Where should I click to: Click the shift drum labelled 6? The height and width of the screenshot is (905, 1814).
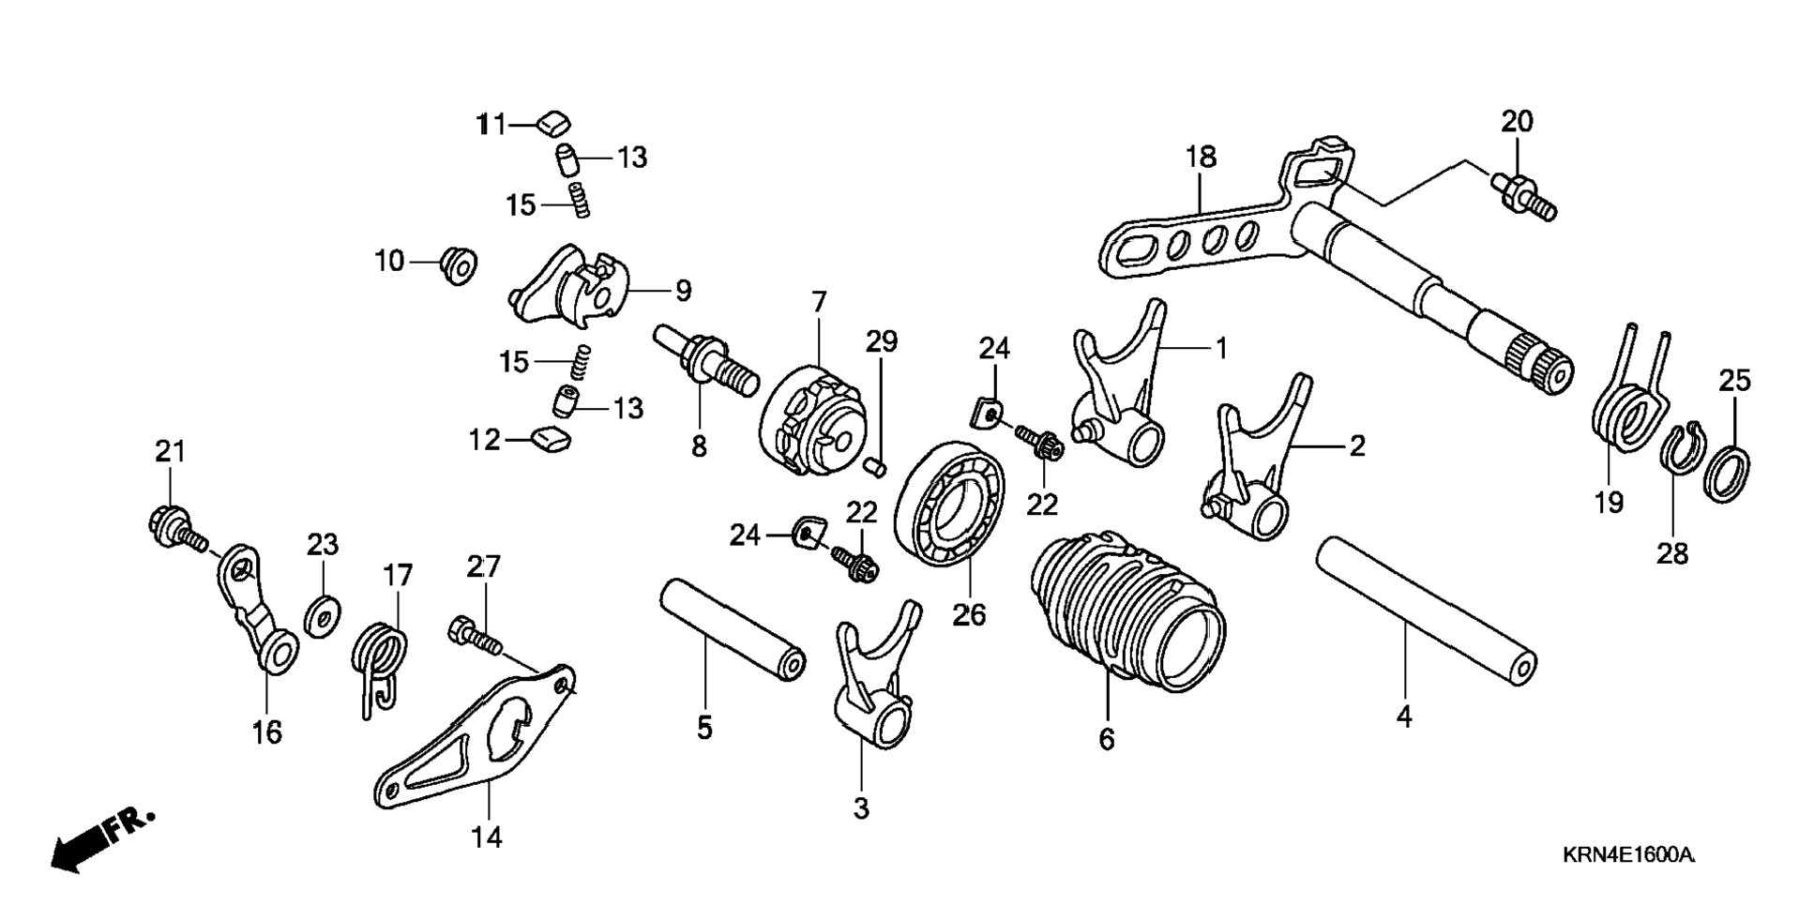[x=1126, y=610]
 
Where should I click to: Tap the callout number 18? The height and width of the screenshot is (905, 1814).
[x=1201, y=157]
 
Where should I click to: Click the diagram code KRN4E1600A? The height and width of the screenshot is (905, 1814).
[x=1627, y=855]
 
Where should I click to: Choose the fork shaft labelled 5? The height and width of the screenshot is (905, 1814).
[x=732, y=629]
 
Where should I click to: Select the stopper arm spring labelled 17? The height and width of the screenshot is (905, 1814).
[x=380, y=656]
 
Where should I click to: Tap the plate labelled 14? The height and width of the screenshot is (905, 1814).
[x=469, y=741]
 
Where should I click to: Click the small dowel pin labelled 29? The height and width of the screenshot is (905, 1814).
[x=874, y=464]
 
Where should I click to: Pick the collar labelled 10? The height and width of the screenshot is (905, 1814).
[x=459, y=264]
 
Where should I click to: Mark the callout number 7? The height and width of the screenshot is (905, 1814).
[x=819, y=302]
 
